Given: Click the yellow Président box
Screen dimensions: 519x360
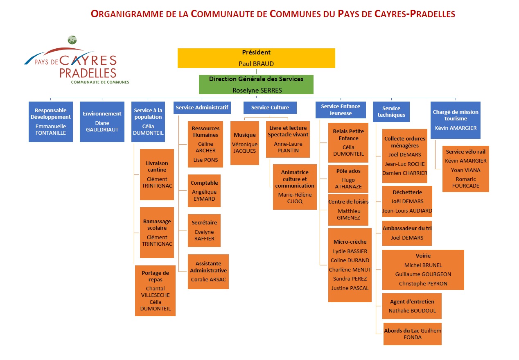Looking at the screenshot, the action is [256, 58].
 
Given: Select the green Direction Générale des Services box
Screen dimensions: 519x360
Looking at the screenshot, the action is [256, 84].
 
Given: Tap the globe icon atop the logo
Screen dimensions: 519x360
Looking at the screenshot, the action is [72, 40].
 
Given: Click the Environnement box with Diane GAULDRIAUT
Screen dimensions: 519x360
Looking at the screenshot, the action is [102, 122].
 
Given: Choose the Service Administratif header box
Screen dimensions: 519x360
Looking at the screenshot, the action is [202, 108].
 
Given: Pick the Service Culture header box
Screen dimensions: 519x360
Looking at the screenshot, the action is [270, 108].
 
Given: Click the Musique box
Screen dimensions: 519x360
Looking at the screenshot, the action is [245, 143].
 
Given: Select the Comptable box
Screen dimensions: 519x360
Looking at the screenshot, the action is [204, 191].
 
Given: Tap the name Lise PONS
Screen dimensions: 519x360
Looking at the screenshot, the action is [205, 160].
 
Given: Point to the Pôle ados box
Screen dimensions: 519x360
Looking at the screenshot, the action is [348, 179].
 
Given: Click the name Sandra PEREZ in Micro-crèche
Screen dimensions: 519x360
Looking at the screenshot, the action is [350, 278].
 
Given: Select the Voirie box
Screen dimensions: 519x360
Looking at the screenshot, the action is [423, 270].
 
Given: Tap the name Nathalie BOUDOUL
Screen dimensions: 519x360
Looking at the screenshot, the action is [412, 310].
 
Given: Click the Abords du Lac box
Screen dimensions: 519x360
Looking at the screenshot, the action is [413, 334].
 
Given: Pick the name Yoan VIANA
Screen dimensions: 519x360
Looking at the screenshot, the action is [465, 170].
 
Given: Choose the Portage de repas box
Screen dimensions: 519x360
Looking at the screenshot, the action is [155, 291].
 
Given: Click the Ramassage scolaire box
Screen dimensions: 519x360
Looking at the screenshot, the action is [157, 233].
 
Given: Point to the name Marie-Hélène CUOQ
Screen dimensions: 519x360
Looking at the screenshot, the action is [295, 198].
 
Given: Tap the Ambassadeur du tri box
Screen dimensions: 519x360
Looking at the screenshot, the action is [407, 233].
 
